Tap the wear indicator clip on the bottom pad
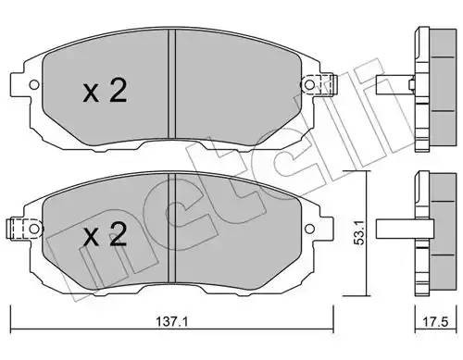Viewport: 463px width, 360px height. coord(16,225)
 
